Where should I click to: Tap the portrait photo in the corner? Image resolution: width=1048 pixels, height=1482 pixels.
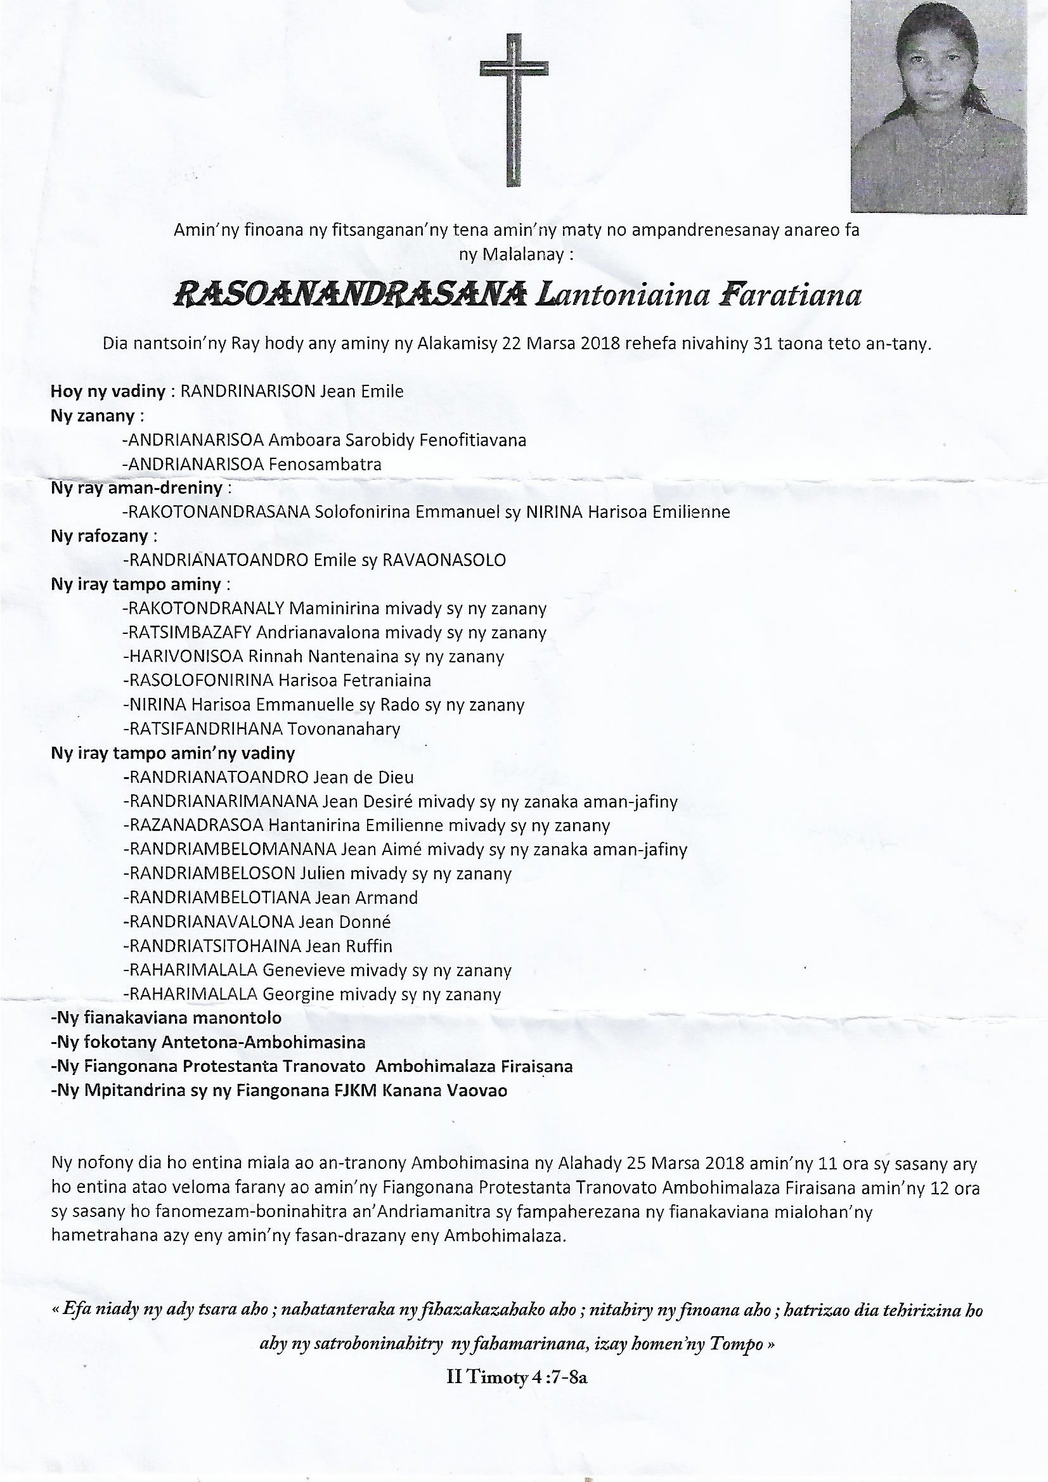(x=938, y=106)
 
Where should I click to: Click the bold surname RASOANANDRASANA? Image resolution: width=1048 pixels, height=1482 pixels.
(x=349, y=295)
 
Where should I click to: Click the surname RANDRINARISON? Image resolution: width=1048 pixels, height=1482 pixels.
(x=247, y=391)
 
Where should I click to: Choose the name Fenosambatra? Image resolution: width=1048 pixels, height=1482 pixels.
(x=325, y=464)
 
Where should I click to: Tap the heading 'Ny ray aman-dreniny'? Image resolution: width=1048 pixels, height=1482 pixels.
(x=137, y=488)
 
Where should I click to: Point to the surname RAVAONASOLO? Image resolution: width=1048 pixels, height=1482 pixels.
(x=444, y=560)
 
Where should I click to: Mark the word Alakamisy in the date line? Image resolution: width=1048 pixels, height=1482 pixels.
(x=456, y=344)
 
